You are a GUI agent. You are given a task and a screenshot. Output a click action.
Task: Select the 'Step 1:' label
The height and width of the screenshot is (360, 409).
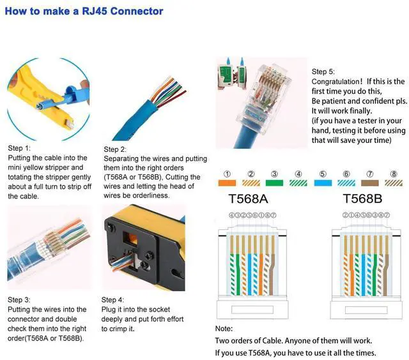click(x=20, y=147)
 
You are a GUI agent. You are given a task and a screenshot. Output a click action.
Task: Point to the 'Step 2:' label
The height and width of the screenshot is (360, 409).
click(x=116, y=149)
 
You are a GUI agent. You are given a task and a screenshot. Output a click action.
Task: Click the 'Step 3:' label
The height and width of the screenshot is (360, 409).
click(x=19, y=299)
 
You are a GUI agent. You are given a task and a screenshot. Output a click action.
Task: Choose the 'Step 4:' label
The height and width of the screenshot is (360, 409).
click(x=114, y=299)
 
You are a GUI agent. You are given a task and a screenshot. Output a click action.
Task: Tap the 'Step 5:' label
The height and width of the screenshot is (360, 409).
click(x=323, y=71)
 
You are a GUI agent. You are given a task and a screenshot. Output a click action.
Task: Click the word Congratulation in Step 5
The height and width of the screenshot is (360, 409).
click(x=337, y=82)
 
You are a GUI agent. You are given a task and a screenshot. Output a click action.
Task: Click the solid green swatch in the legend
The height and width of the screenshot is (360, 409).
click(x=275, y=183)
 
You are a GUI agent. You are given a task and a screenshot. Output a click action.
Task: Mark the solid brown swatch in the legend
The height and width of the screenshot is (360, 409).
click(x=370, y=183)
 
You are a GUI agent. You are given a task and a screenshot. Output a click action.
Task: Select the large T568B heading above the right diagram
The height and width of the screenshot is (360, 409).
click(x=362, y=199)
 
